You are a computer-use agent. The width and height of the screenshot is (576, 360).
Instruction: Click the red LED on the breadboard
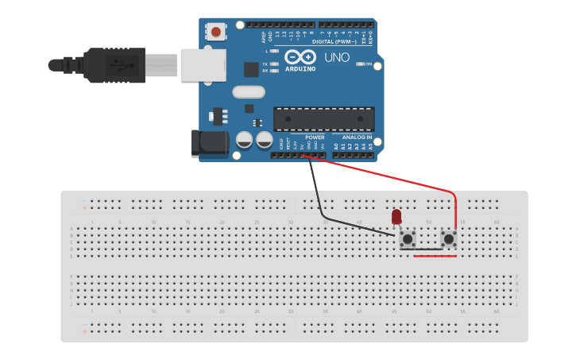coord(396,215)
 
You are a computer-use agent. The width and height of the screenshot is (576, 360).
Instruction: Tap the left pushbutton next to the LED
coord(408,238)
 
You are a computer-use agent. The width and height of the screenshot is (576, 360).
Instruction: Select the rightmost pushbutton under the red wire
coord(449,238)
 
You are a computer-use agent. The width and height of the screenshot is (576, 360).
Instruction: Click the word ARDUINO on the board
coord(300,69)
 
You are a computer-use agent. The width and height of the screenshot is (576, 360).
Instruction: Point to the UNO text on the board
coord(337,57)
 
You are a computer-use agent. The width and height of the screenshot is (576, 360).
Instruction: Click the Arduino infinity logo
coord(300,58)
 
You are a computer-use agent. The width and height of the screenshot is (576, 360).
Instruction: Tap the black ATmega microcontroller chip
coord(323,119)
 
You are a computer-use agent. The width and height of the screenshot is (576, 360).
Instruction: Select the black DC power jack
coord(211,144)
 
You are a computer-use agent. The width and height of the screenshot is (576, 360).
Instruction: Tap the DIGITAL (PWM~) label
coord(335,41)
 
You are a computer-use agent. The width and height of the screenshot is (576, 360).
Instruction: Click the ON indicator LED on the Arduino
coord(361,64)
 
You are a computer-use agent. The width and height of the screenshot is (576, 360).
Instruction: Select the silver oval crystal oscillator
coord(249,92)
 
